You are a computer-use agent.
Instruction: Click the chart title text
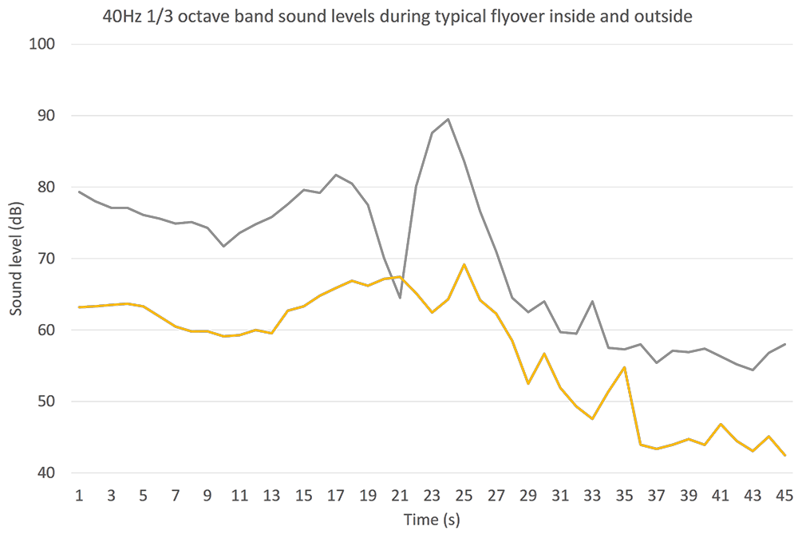pos(397,15)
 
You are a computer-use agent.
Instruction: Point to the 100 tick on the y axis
pos(44,44)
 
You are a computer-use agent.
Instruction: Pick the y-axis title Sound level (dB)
pos(15,259)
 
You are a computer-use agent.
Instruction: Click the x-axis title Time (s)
pos(431,520)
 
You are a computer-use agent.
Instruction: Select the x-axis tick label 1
pos(79,495)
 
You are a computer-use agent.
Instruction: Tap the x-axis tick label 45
pos(785,495)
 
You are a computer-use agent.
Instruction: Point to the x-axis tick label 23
pos(432,495)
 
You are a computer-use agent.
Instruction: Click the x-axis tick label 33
pos(592,495)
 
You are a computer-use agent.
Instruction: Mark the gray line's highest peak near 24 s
pos(448,119)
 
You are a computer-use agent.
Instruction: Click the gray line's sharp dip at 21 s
pos(400,298)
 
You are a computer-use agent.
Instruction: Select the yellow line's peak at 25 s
pos(464,264)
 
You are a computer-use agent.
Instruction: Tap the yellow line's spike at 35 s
pos(624,367)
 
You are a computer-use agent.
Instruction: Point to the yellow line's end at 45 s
pos(785,455)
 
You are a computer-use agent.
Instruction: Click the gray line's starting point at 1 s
pos(79,191)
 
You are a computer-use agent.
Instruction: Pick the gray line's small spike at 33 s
pos(592,301)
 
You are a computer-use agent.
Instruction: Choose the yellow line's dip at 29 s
pos(528,384)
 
